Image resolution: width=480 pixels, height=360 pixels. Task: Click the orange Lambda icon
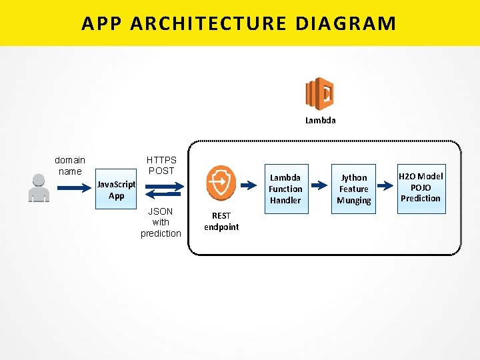tap(319, 93)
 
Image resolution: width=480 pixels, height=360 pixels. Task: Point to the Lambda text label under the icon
tap(320, 121)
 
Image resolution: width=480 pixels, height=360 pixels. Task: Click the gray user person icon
tap(39, 187)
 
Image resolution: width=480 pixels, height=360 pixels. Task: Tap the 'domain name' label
tap(69, 165)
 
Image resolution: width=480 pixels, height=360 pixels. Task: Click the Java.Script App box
tap(116, 190)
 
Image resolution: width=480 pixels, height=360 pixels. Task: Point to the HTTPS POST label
tap(161, 165)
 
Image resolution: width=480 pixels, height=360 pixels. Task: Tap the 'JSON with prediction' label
tap(161, 223)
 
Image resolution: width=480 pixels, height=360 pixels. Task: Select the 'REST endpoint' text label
tap(221, 221)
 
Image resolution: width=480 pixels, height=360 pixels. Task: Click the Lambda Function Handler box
tap(285, 189)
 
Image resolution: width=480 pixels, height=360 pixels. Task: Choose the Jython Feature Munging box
tap(353, 189)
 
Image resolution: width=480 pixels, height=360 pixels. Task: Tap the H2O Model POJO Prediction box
tap(421, 187)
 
